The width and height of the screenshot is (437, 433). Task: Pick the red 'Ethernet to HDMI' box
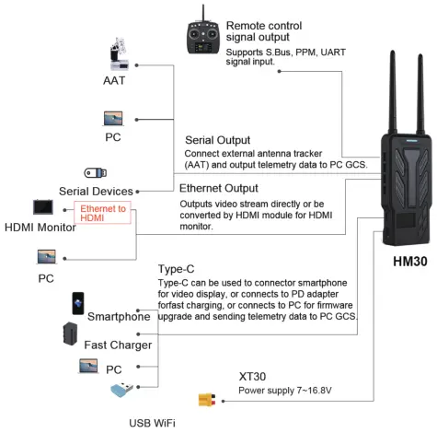click(103, 211)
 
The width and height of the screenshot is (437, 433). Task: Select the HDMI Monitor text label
click(40, 228)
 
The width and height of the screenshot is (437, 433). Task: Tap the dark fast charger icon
click(69, 334)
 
